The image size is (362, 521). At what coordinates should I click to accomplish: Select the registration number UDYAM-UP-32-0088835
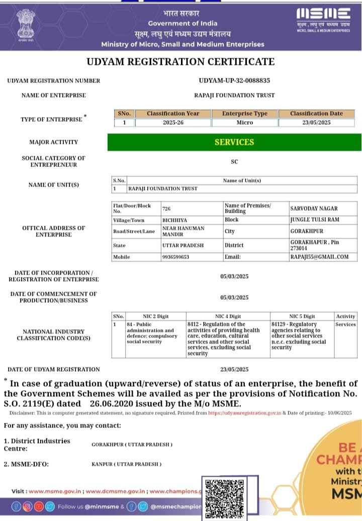click(x=234, y=80)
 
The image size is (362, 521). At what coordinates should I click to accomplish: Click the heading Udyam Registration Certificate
click(x=180, y=62)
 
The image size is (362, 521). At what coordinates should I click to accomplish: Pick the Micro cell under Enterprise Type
click(x=245, y=122)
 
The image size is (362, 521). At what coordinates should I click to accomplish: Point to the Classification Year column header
click(x=173, y=114)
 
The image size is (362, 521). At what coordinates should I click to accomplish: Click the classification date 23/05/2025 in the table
click(x=316, y=122)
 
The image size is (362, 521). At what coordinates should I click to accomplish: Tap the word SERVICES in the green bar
click(x=234, y=142)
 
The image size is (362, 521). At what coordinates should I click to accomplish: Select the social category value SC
click(x=234, y=161)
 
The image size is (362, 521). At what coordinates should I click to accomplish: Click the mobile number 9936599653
click(x=175, y=257)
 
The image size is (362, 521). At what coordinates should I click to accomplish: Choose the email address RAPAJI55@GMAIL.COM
click(x=319, y=257)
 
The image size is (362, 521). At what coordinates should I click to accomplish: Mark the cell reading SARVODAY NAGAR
click(x=314, y=208)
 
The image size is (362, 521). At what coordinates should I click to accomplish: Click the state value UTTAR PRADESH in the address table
click(x=183, y=245)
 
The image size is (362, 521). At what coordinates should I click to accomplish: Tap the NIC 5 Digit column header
click(x=302, y=316)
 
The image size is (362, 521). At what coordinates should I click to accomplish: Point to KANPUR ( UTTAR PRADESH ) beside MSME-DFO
click(x=126, y=464)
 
